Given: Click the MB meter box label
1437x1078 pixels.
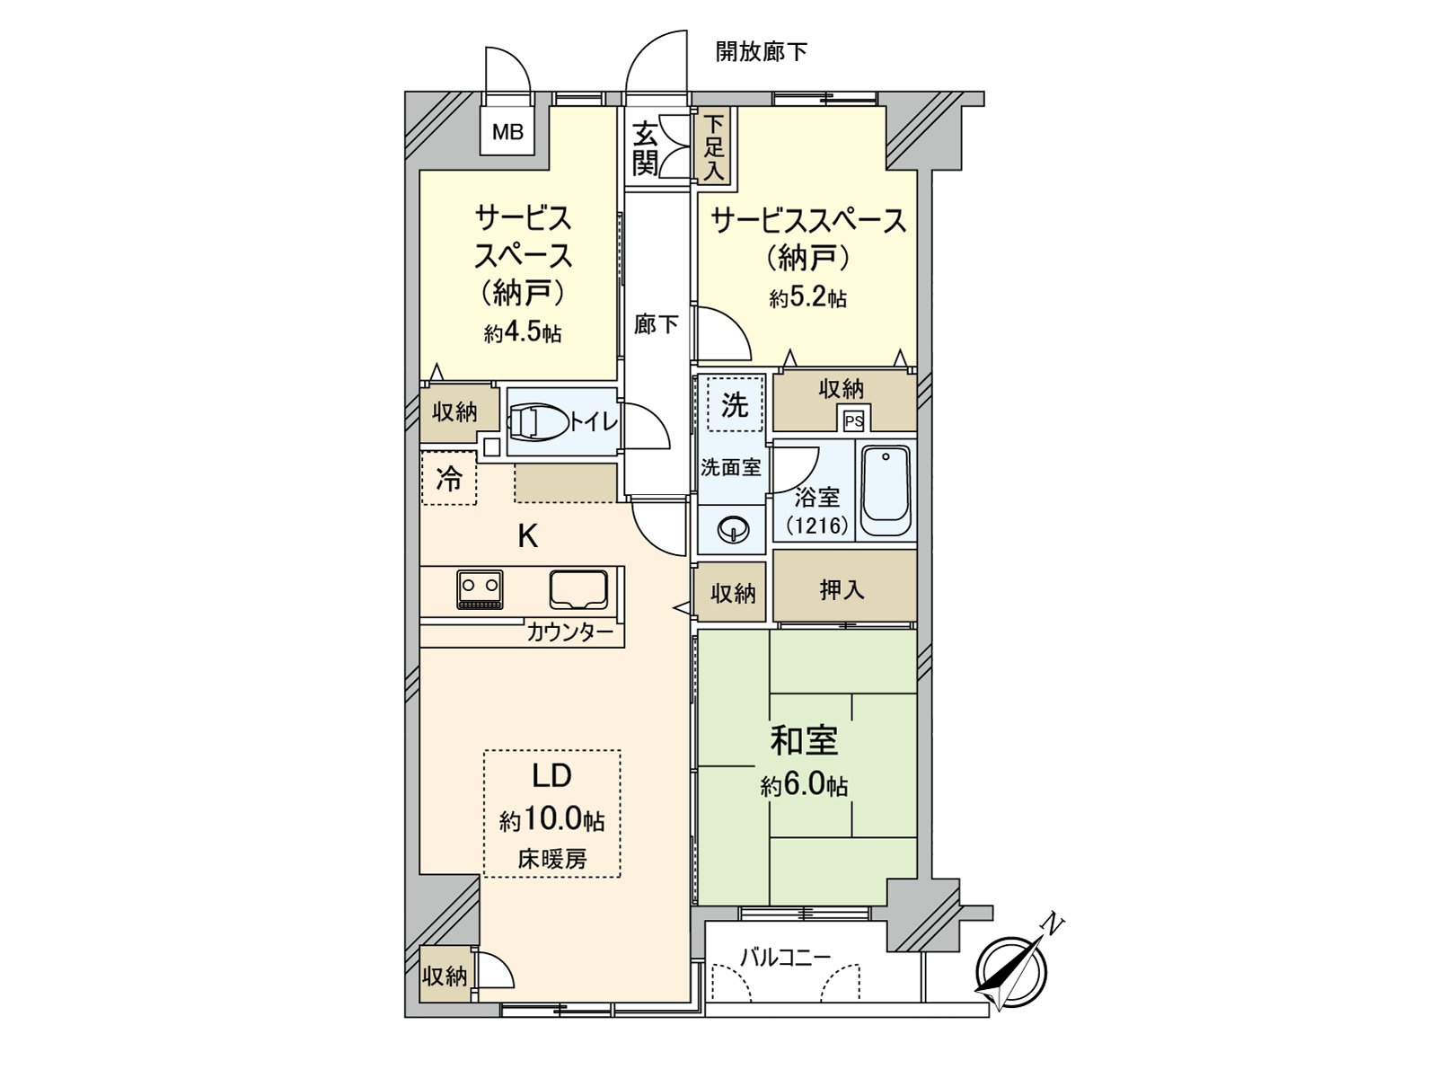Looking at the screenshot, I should pos(507,133).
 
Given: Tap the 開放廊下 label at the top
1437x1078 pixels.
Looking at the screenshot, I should pos(761,52).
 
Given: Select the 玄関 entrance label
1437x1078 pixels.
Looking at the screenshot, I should pos(645,148).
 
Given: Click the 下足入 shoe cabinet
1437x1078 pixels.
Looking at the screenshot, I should pos(714,146).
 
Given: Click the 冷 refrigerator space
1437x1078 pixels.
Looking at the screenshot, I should pos(448,478).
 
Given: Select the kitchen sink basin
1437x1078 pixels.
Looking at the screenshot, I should pos(579,588).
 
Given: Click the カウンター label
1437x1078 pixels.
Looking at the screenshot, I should pos(569,632).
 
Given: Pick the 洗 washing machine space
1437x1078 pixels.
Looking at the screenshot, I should pos(735,405).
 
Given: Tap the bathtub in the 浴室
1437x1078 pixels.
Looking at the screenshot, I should pos(886,490).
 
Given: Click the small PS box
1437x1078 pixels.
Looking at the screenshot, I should pos(852,420).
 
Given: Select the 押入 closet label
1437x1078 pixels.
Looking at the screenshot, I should pos(842,589).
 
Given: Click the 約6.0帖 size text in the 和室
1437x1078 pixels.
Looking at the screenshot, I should pos(804,786).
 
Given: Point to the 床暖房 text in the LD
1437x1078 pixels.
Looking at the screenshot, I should pos(551,858).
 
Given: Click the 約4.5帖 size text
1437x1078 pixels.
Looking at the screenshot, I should pos(523,333).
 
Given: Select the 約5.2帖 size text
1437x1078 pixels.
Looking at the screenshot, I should pos(807,297).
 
